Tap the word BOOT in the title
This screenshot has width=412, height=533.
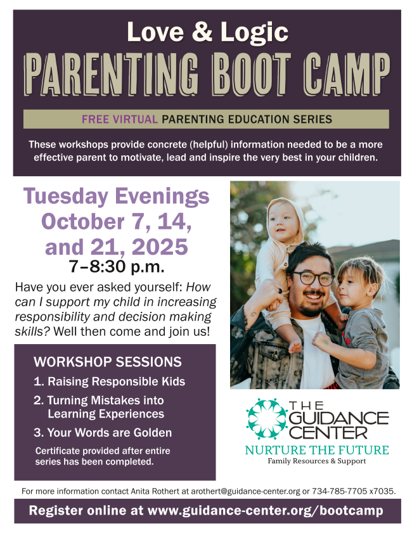click(x=252, y=74)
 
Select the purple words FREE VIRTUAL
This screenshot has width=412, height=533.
click(x=120, y=119)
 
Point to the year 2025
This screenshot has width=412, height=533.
click(x=160, y=247)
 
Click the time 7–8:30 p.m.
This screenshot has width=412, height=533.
click(x=117, y=267)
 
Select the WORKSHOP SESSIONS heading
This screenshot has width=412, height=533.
click(x=107, y=362)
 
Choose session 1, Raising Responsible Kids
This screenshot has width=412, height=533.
click(x=109, y=382)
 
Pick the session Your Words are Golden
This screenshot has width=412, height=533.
click(x=103, y=432)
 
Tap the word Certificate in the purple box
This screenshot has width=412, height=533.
click(x=58, y=451)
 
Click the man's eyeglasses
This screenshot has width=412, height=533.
click(x=313, y=278)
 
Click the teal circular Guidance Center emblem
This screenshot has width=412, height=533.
click(x=267, y=418)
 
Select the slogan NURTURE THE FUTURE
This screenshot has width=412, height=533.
click(x=317, y=450)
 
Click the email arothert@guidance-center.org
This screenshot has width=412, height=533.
click(x=245, y=491)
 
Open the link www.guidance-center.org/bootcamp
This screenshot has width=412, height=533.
click(x=265, y=511)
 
